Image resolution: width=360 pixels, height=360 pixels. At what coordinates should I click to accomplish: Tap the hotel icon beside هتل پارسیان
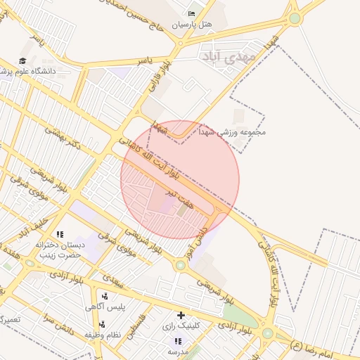pyautogui.click(x=192, y=13)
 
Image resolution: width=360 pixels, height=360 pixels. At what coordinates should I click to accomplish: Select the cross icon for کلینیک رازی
pyautogui.click(x=181, y=315)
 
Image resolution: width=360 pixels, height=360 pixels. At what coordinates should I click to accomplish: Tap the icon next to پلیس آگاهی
pyautogui.click(x=105, y=296)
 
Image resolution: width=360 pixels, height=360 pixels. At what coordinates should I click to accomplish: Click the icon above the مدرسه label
pyautogui.click(x=175, y=340)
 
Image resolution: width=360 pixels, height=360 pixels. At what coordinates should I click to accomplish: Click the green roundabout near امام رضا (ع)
pyautogui.click(x=267, y=333)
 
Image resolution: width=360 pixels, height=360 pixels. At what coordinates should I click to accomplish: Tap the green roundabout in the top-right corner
pyautogui.click(x=295, y=18)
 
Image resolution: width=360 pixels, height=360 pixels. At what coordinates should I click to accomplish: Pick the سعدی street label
pyautogui.click(x=112, y=279)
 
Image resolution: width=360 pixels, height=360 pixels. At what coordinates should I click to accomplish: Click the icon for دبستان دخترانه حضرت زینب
pyautogui.click(x=60, y=234)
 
